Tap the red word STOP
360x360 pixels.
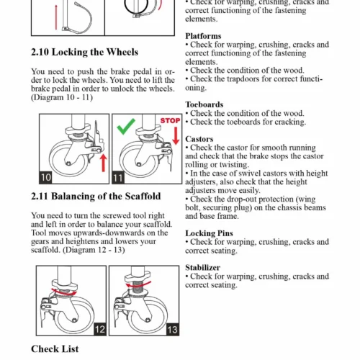(x=170, y=120)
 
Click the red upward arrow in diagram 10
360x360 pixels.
(x=104, y=163)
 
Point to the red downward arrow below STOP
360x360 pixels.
(x=176, y=135)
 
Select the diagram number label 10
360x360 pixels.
(x=45, y=177)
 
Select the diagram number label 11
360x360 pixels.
(x=118, y=178)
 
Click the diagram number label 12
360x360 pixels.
(x=100, y=329)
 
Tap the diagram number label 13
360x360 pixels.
(x=173, y=330)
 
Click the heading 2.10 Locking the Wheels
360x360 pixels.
(x=84, y=52)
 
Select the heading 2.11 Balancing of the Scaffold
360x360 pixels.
(x=96, y=197)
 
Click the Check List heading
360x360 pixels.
(x=55, y=349)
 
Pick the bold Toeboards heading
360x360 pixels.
(x=204, y=104)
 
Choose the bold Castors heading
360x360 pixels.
(x=199, y=139)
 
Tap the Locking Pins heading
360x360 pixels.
(x=209, y=233)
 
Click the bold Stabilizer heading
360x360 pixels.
(x=203, y=268)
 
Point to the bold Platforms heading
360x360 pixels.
(x=203, y=36)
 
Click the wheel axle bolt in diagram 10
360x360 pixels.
(x=68, y=163)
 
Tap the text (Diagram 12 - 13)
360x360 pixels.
(x=94, y=250)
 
